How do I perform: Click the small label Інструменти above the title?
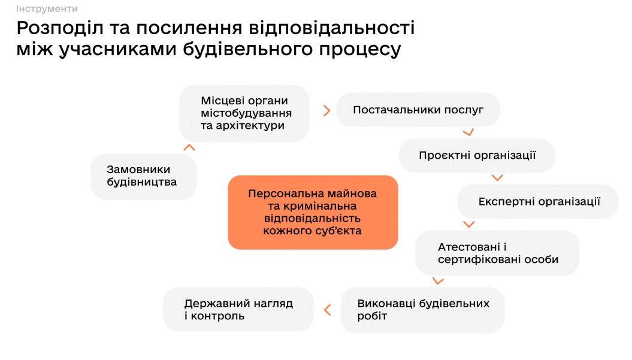[47, 8]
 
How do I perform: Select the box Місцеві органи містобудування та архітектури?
[244, 113]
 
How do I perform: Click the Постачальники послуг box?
[418, 110]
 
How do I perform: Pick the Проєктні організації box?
[477, 155]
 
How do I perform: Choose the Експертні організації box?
[538, 202]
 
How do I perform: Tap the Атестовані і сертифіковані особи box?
[497, 253]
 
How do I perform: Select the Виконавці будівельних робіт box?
[422, 310]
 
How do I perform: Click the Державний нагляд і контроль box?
[238, 309]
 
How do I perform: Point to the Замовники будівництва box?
[144, 176]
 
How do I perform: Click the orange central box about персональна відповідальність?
[313, 212]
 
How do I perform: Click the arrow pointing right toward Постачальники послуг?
[326, 110]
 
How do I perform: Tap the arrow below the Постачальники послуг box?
[468, 132]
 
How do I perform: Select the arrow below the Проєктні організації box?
[497, 178]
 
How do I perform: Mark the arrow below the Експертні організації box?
[469, 224]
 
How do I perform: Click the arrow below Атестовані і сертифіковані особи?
[438, 281]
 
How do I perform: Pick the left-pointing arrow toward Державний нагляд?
[327, 310]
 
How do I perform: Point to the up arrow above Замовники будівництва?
[189, 147]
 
